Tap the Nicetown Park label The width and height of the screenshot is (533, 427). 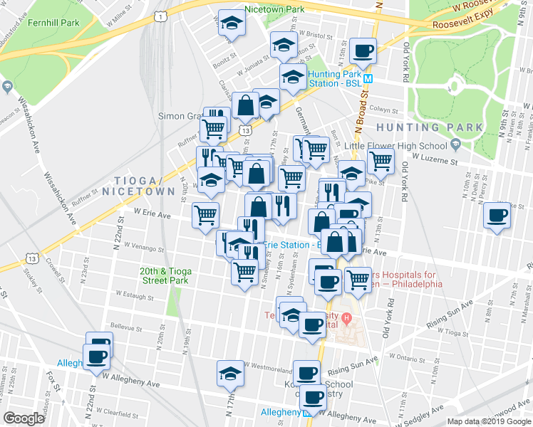pos(274,9)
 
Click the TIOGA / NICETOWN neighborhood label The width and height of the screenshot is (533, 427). pos(138,186)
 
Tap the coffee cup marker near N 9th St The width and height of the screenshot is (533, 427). pos(497,216)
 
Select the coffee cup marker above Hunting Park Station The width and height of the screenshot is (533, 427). pos(364,51)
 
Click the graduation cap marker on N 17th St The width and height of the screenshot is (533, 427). pos(230,374)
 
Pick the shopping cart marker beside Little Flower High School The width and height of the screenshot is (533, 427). pos(381,162)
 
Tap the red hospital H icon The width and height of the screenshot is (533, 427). pos(347,317)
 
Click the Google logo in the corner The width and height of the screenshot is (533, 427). pos(24,418)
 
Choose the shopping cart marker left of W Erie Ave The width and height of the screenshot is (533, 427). pos(205,215)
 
